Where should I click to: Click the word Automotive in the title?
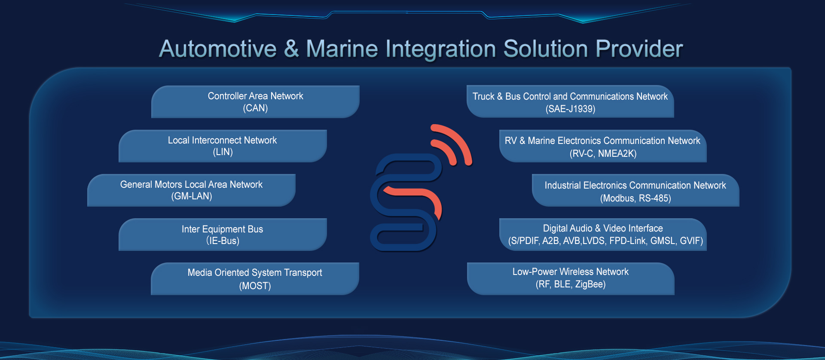coord(218,49)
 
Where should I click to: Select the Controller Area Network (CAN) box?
coord(255,102)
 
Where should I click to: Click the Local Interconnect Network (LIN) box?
coord(223,146)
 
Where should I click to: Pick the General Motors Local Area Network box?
coord(191,190)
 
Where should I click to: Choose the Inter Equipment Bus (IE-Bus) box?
coord(223,235)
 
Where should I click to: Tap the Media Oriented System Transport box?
coord(255,279)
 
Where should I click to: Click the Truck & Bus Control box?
coord(570,101)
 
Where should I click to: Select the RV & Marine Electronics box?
coord(603,146)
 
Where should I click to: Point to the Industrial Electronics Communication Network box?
coord(636,190)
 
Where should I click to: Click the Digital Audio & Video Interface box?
coord(603,235)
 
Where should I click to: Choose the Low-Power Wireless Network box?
coord(571,279)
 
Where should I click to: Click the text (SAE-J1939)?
coord(570,109)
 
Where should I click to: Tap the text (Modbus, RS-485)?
coord(636,198)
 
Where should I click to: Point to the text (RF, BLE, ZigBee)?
coord(571,284)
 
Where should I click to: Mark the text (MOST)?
coord(255,286)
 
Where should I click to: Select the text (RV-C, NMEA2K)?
coord(603,154)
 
